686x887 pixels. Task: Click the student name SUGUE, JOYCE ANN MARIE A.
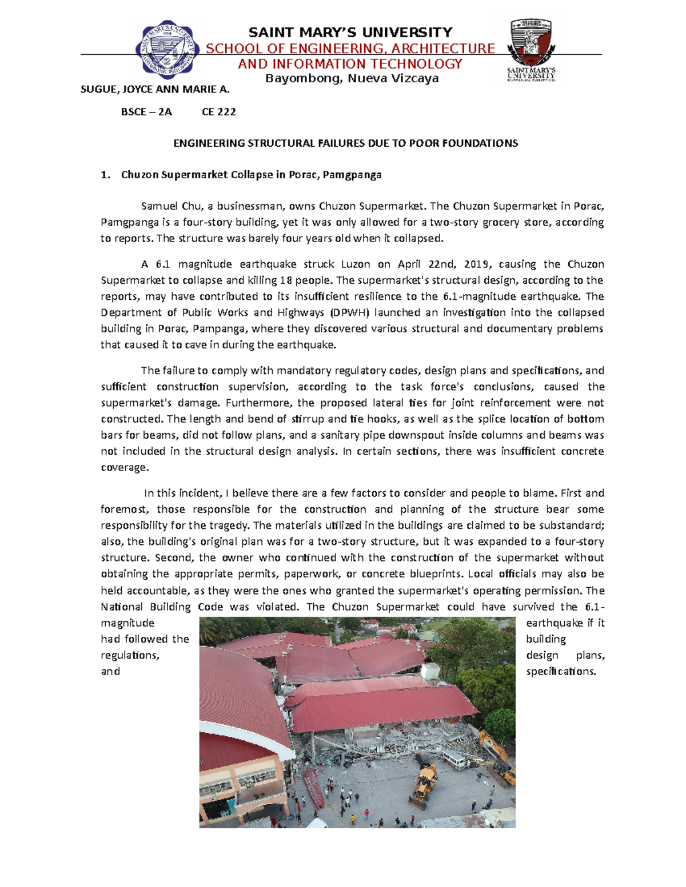click(x=155, y=89)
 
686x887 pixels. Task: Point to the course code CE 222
click(x=219, y=112)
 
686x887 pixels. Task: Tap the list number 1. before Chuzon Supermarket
click(x=105, y=175)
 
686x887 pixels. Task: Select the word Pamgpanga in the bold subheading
click(x=352, y=175)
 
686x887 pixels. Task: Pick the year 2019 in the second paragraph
click(x=477, y=264)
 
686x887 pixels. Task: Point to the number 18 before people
click(x=286, y=280)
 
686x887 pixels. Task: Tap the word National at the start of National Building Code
click(x=121, y=607)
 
